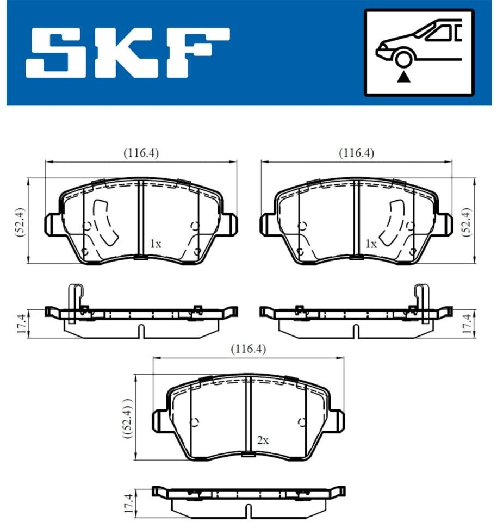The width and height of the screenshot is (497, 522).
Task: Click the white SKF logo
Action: click(x=128, y=53)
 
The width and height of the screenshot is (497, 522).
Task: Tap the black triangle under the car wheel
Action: click(x=404, y=77)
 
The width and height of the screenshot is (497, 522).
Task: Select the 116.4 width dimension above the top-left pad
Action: click(x=141, y=153)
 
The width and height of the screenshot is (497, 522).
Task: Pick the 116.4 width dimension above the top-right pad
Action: click(x=357, y=153)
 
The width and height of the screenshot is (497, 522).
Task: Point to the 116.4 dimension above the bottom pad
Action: click(x=248, y=349)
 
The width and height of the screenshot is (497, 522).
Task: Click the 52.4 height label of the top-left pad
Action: click(x=20, y=222)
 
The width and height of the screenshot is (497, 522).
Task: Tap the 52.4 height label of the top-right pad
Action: click(x=467, y=222)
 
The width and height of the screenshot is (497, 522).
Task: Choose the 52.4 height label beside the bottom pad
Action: click(x=128, y=418)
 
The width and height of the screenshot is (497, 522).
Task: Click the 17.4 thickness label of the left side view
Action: click(x=21, y=324)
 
